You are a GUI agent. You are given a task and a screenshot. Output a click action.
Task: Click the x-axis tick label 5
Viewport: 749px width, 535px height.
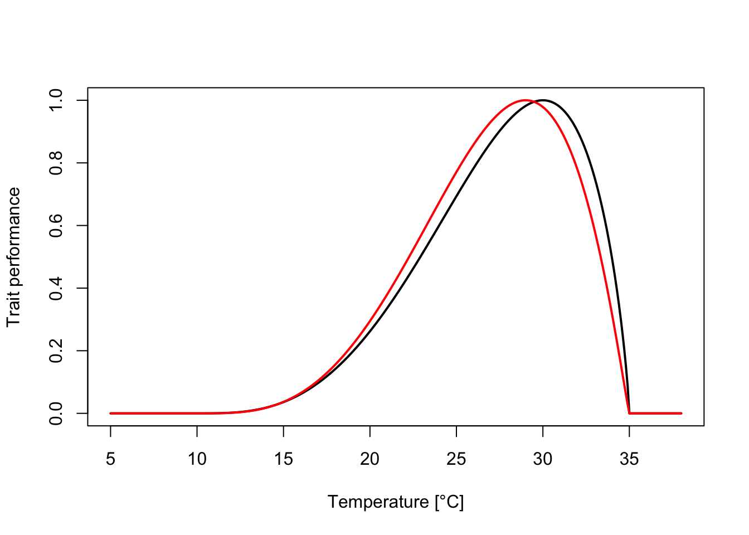pos(111,459)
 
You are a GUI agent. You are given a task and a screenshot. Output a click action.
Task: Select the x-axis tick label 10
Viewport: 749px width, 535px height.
pos(197,459)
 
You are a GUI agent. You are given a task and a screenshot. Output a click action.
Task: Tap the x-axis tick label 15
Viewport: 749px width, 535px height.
pos(284,459)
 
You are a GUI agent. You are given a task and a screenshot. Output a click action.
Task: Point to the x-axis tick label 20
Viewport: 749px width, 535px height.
pos(370,459)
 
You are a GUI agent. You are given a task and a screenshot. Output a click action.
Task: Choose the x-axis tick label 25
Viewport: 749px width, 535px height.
pos(456,459)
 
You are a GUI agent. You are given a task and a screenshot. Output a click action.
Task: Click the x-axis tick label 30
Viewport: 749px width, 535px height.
pos(543,459)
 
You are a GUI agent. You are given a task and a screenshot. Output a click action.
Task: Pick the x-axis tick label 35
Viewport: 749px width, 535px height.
pos(629,459)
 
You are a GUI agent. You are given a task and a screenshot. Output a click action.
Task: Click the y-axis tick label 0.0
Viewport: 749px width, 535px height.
pos(56,414)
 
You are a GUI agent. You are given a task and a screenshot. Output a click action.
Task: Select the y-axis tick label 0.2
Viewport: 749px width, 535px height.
pos(56,351)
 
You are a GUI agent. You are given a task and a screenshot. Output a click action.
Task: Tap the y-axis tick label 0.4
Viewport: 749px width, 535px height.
pos(56,288)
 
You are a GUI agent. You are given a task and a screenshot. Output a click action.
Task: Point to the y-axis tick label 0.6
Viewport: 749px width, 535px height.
pos(56,226)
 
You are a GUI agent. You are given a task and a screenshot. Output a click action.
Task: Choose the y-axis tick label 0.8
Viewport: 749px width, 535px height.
pos(56,163)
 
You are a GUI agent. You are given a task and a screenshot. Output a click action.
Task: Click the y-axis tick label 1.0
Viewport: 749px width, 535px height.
pos(56,100)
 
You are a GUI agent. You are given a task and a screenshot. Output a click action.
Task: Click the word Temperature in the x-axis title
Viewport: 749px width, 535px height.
pos(378,502)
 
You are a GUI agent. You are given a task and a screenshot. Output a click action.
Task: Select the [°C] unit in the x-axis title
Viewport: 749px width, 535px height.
pos(449,503)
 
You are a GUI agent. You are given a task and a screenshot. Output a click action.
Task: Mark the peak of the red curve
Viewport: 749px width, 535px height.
pos(526,100)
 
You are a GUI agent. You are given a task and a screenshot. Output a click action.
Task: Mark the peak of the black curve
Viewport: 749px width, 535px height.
pos(543,100)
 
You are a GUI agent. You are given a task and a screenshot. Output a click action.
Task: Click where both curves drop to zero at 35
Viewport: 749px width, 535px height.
pos(629,414)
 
